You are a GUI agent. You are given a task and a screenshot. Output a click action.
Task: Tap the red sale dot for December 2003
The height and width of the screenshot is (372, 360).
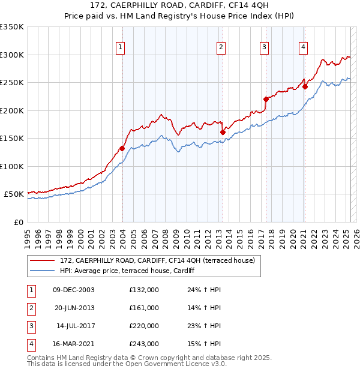(x=122, y=148)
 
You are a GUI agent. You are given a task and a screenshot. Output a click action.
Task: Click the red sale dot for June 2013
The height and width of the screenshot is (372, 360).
(x=223, y=132)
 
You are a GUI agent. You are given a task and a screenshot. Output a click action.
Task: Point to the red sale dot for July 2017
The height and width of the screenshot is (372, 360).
(x=266, y=99)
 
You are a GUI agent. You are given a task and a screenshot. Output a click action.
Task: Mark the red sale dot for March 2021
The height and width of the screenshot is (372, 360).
(x=305, y=86)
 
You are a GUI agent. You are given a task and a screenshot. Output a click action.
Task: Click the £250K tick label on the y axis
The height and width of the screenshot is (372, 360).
(x=12, y=83)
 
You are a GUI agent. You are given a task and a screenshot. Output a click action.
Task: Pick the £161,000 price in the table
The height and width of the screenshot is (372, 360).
(x=144, y=308)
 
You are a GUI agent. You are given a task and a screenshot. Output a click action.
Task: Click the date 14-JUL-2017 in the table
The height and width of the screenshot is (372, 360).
(x=75, y=326)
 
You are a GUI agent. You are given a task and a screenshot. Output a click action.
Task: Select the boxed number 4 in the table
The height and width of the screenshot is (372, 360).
(x=31, y=344)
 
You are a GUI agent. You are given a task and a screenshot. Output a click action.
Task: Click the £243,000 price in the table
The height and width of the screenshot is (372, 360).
(x=144, y=344)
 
